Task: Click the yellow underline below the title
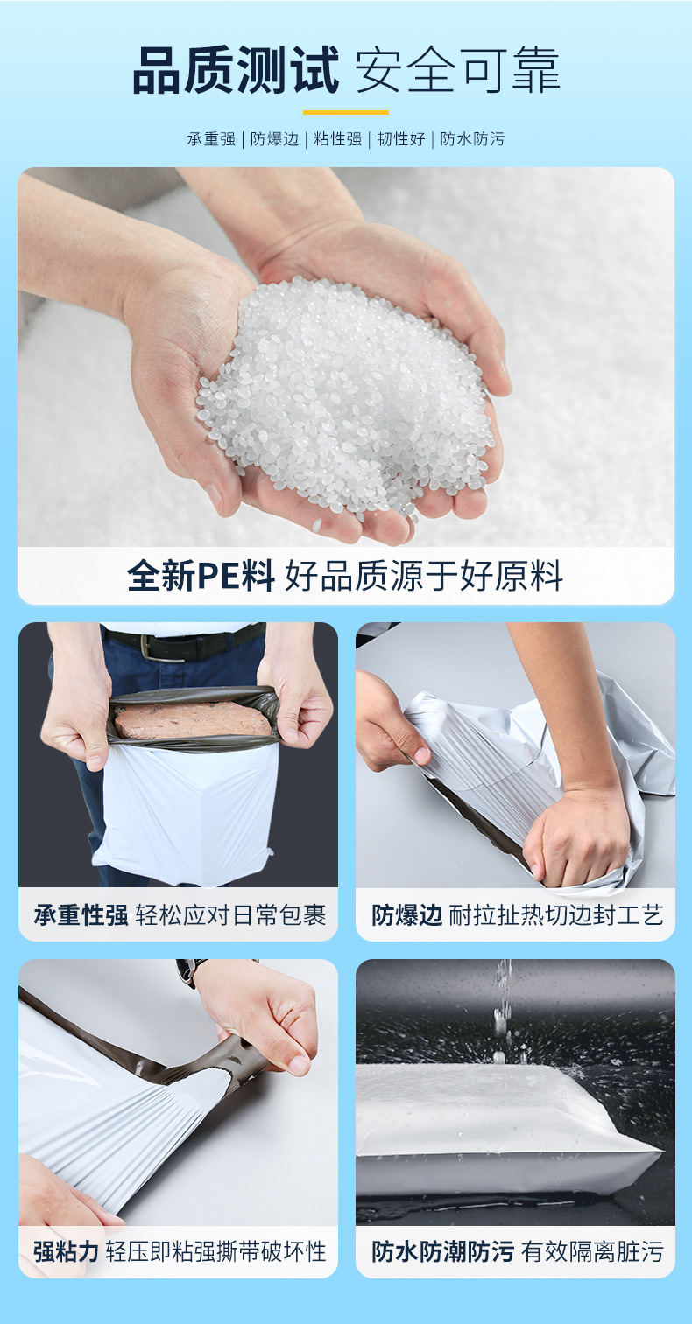345,112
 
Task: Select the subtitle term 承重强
211,138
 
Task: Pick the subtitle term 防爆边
274,138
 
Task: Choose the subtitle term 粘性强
337,138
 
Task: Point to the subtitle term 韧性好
401,138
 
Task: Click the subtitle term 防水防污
472,138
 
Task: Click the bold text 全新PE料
201,576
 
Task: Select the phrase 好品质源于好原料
424,576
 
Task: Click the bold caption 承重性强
81,915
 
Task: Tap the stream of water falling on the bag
502,1006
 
